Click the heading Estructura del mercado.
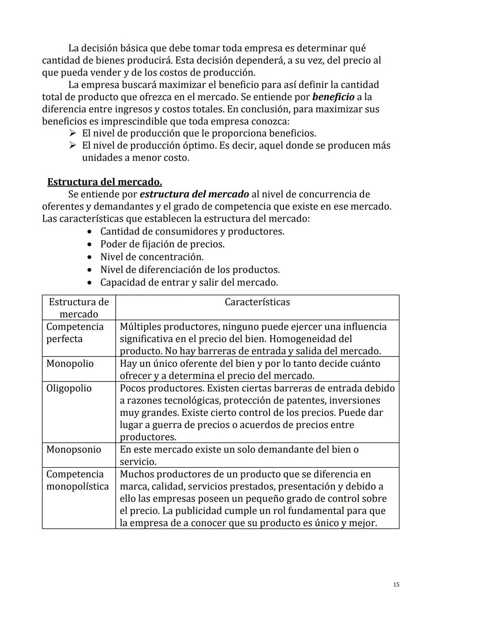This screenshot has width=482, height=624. click(104, 182)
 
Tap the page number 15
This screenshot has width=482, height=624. click(396, 585)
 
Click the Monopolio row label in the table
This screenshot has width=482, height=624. click(70, 364)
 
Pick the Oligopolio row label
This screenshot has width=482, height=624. click(69, 388)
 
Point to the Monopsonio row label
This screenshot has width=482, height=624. click(74, 449)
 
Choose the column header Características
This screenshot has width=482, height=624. click(257, 302)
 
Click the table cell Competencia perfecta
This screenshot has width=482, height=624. click(75, 333)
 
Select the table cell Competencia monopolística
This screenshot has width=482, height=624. click(77, 480)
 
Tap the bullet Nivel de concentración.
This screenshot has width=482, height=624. click(152, 257)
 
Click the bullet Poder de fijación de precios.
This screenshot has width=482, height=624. click(162, 244)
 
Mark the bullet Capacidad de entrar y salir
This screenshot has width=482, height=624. click(189, 282)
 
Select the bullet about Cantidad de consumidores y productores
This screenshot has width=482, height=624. click(192, 231)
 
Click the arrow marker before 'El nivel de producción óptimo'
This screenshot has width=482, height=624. click(73, 146)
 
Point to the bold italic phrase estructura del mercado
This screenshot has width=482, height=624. click(194, 194)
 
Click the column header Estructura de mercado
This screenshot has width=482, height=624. click(79, 308)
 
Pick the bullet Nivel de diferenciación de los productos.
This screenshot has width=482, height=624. click(190, 270)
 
